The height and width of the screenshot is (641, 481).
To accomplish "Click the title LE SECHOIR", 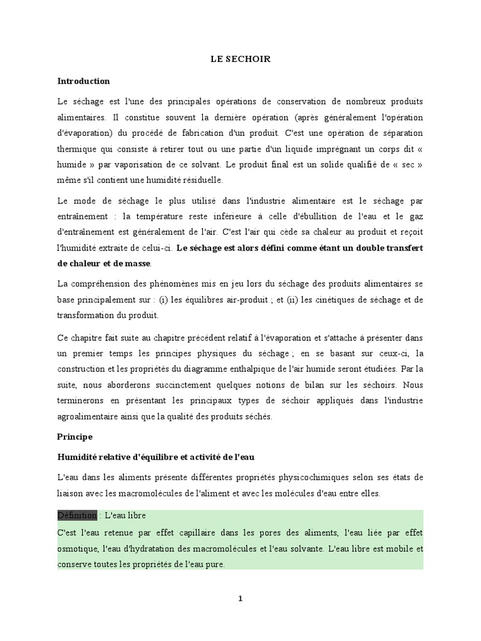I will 240,59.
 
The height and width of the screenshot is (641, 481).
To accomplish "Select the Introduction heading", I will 83,81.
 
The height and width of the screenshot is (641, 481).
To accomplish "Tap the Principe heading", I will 75,436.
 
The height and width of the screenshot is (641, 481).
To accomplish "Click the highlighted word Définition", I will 77,515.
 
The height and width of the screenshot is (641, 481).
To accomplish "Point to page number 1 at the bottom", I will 240,598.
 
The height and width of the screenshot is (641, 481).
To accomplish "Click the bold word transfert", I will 401,247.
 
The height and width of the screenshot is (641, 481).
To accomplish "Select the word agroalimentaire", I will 88,416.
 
